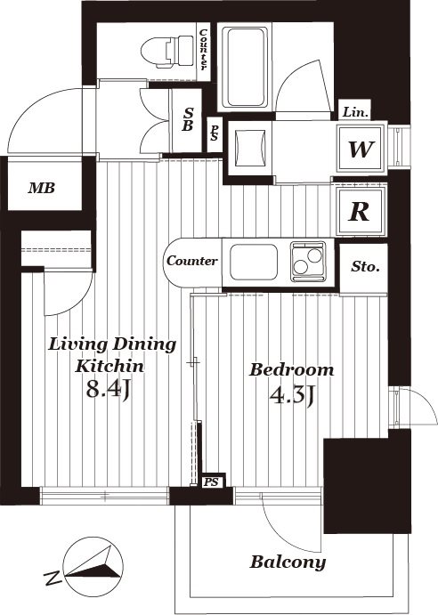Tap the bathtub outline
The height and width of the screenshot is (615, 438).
(246, 67)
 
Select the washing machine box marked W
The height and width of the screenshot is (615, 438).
(361, 149)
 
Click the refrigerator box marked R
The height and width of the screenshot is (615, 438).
(361, 212)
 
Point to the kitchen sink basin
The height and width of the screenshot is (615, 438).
(254, 262)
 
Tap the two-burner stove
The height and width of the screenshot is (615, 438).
(308, 262)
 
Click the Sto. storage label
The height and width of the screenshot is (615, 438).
(365, 267)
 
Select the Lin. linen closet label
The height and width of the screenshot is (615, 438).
(356, 112)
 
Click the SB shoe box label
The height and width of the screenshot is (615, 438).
(188, 119)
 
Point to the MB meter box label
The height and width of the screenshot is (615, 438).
(41, 189)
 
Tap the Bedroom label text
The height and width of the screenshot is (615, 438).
(292, 370)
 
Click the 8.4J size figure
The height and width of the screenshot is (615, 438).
(109, 390)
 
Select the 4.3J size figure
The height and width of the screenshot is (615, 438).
(292, 396)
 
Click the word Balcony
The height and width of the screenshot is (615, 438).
(288, 562)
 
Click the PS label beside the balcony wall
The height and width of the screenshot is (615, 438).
(211, 482)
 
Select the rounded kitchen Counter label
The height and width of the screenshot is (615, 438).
(192, 261)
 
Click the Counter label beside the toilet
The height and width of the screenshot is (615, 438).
(204, 50)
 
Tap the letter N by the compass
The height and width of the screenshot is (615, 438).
(53, 579)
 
